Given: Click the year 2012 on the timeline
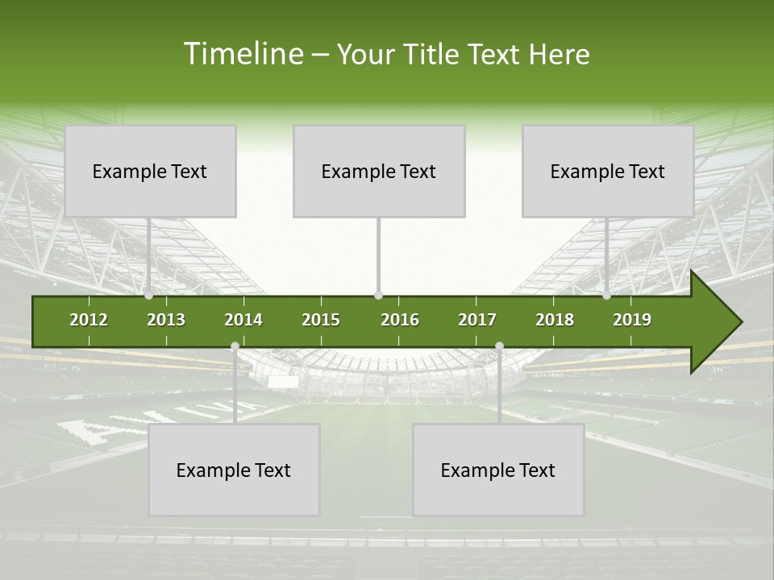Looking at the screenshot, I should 89,320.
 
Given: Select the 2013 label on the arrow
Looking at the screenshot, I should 166,320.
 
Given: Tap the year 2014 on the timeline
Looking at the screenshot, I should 243,320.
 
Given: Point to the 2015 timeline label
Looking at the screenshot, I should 321,320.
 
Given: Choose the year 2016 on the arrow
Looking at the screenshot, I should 400,320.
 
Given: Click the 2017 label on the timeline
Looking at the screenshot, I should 477,320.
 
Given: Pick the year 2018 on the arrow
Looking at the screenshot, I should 555,320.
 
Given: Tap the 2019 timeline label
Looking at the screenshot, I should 632,320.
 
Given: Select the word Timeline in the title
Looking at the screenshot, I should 242,54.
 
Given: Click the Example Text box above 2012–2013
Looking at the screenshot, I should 150,171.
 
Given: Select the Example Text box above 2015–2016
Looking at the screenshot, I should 379,171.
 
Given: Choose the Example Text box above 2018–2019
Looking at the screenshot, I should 608,171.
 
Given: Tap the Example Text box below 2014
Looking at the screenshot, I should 234,470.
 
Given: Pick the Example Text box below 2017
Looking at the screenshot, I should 498,470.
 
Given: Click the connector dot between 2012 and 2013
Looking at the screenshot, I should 149,296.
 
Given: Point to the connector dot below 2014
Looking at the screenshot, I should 235,346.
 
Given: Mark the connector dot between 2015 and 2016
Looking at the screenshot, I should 378,296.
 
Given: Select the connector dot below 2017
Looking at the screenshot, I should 499,346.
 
